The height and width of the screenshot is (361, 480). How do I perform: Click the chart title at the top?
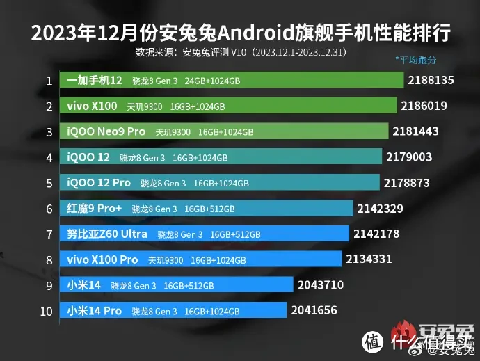tap(240, 32)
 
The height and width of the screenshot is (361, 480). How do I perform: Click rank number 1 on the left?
tap(49, 81)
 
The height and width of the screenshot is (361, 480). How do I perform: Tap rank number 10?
tap(47, 311)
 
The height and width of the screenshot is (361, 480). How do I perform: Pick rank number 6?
tap(49, 209)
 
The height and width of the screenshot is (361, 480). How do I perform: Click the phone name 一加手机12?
tap(95, 81)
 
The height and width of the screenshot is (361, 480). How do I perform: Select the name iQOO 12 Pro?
tap(98, 183)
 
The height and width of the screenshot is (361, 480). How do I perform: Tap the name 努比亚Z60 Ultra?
tap(107, 234)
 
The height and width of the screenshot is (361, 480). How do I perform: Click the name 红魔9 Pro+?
tap(94, 208)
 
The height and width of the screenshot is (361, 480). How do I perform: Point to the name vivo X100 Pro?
tap(102, 259)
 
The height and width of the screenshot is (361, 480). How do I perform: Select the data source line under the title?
tap(241, 52)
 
